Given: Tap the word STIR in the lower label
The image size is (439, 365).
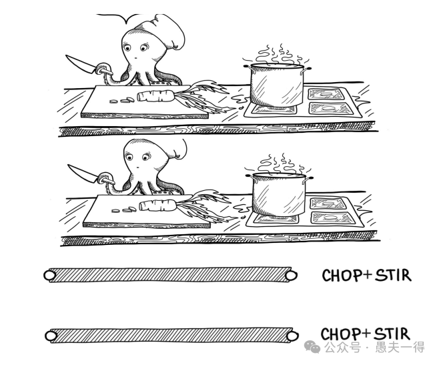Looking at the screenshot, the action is [392, 334].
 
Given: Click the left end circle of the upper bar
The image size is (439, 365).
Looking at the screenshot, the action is [49, 275].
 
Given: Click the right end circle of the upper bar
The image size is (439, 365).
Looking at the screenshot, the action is [291, 276].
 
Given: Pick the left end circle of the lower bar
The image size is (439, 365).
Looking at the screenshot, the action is [51, 336].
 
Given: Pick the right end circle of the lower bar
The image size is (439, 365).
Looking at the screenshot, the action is [293, 335].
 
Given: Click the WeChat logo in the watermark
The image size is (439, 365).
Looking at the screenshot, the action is [313, 347].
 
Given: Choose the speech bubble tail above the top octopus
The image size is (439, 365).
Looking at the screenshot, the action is [127, 20].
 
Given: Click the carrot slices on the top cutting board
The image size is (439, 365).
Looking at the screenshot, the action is [122, 100].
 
